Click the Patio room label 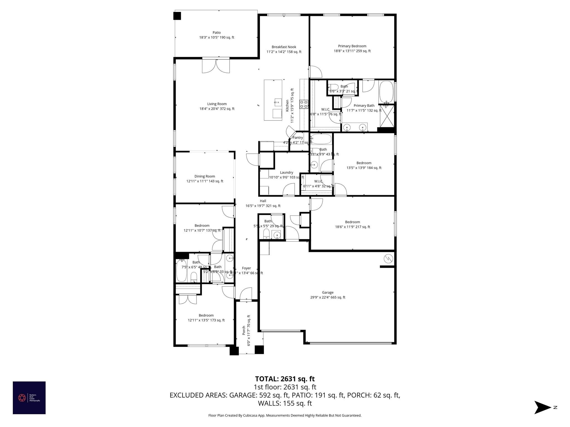pos(217,33)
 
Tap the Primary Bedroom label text pos(352,46)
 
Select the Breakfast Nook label pos(284,47)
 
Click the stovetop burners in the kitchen pos(304,104)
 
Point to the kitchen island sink pos(277,102)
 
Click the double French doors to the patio pos(216,66)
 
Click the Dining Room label pos(205,176)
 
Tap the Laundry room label pos(286,172)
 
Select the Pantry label pos(298,138)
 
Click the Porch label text pos(244,330)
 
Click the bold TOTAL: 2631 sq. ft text pos(285,379)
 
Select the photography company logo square pos(29,398)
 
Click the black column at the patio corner pos(177,16)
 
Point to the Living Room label pos(217,104)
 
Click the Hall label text pos(263,201)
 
